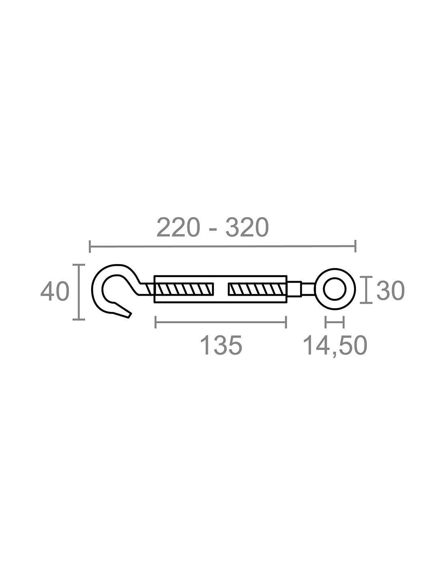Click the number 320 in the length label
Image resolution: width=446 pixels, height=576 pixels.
tap(247, 227)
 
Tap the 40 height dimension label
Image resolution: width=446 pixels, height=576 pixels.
tap(55, 292)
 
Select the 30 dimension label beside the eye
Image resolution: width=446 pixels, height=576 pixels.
tap(390, 291)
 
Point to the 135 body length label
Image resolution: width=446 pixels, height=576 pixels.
tap(221, 346)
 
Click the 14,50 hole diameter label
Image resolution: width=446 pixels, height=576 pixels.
tap(335, 346)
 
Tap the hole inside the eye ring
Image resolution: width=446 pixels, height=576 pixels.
tap(334, 289)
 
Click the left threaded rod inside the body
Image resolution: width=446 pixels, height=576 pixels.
tap(185, 289)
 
